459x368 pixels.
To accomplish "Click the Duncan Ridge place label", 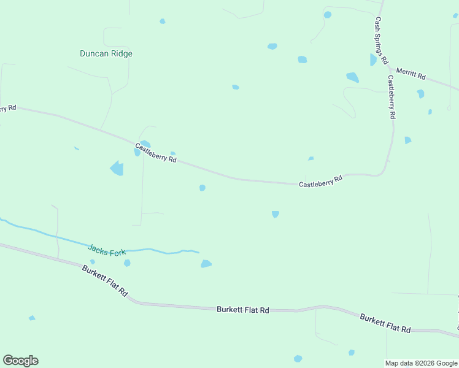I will click(106, 53).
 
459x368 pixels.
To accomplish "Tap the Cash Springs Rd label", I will click(381, 40).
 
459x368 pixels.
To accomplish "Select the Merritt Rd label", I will click(411, 74).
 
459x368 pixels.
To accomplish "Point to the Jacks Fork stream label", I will click(107, 250).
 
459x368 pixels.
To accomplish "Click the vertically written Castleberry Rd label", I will click(391, 97).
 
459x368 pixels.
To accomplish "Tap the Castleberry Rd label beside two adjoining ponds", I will click(156, 153).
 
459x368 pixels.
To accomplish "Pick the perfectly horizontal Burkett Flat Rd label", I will click(243, 310).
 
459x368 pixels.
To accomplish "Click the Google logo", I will click(20, 361).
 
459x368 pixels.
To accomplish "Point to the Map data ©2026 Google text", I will click(422, 363).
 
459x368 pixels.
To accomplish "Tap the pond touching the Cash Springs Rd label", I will click(373, 59).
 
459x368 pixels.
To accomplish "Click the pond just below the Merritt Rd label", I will click(420, 94).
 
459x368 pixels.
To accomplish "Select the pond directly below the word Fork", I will click(127, 263).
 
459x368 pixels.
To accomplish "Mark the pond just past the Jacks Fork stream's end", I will click(206, 264).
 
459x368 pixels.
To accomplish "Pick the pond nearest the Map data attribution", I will click(352, 353).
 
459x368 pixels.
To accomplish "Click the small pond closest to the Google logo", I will click(32, 318).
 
